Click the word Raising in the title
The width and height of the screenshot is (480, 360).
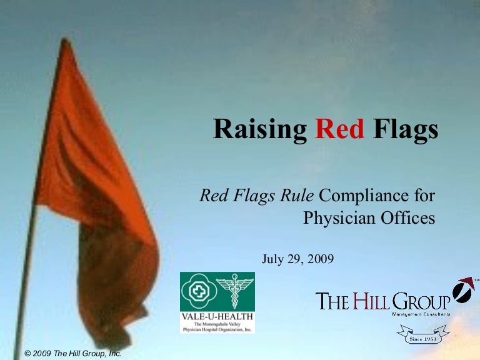pyautogui.click(x=260, y=130)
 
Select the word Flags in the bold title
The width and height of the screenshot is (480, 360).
pyautogui.click(x=405, y=130)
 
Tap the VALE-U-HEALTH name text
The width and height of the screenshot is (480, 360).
pyautogui.click(x=217, y=316)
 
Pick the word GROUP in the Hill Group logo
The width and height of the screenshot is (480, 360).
pyautogui.click(x=420, y=301)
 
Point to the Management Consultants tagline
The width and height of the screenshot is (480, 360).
pyautogui.click(x=421, y=314)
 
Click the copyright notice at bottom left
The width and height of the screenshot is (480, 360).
pyautogui.click(x=72, y=354)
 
